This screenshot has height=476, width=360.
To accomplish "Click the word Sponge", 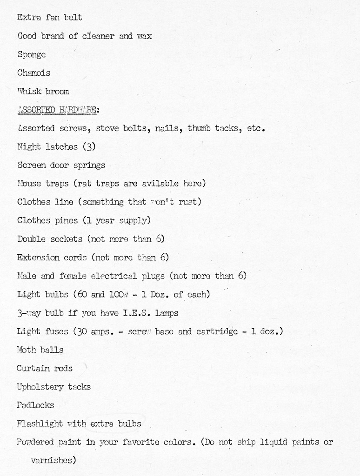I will [32, 55].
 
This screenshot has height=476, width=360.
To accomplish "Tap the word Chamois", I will [33, 73].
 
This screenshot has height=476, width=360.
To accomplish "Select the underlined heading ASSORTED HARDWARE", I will [58, 110].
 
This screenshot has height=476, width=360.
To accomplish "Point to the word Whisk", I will [30, 92].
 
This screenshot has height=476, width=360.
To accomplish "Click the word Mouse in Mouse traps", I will [29, 184].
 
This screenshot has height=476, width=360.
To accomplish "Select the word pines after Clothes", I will [67, 220].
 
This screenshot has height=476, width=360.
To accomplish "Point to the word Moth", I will [27, 350].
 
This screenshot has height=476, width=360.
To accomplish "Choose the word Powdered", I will [36, 442].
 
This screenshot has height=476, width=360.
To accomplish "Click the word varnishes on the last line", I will [52, 461].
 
